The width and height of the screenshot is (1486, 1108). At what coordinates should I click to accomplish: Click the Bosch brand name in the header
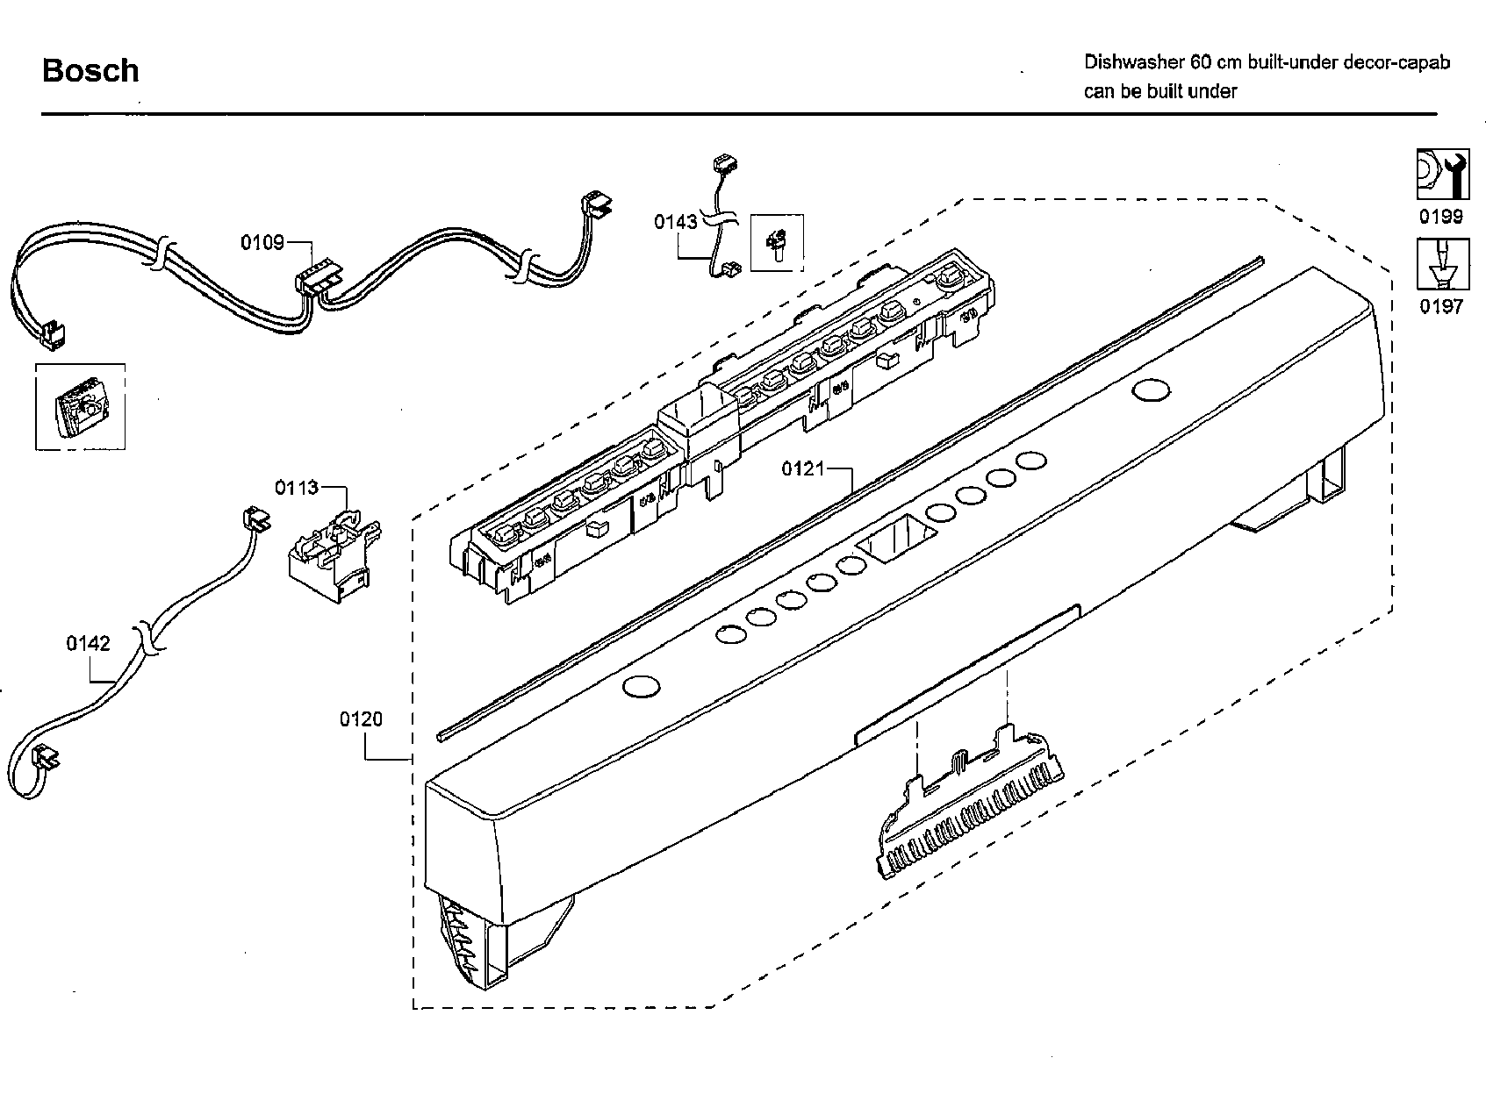(90, 71)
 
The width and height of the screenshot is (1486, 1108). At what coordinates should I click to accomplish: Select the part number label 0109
(262, 242)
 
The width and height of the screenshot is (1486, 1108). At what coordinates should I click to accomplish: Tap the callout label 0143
(675, 222)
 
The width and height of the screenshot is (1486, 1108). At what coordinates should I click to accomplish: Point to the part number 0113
(296, 488)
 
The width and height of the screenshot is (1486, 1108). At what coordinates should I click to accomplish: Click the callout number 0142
(88, 644)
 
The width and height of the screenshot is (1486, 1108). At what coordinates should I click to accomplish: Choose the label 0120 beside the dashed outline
(361, 719)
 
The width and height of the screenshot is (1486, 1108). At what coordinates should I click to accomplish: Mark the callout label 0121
(803, 469)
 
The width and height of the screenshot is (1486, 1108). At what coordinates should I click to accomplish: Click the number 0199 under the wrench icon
(1441, 217)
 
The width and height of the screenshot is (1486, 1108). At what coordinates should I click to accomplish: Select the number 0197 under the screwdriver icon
(1441, 306)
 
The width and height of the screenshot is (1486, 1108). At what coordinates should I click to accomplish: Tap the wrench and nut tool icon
(1442, 175)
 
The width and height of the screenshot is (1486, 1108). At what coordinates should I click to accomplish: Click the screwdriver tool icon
(1442, 264)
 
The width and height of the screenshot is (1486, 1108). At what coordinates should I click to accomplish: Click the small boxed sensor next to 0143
(777, 241)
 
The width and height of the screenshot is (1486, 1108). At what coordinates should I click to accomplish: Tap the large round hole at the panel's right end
(1151, 390)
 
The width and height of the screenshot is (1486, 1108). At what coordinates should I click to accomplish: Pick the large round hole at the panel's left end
(641, 687)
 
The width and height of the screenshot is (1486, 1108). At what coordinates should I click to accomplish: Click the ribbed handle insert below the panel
(970, 807)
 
